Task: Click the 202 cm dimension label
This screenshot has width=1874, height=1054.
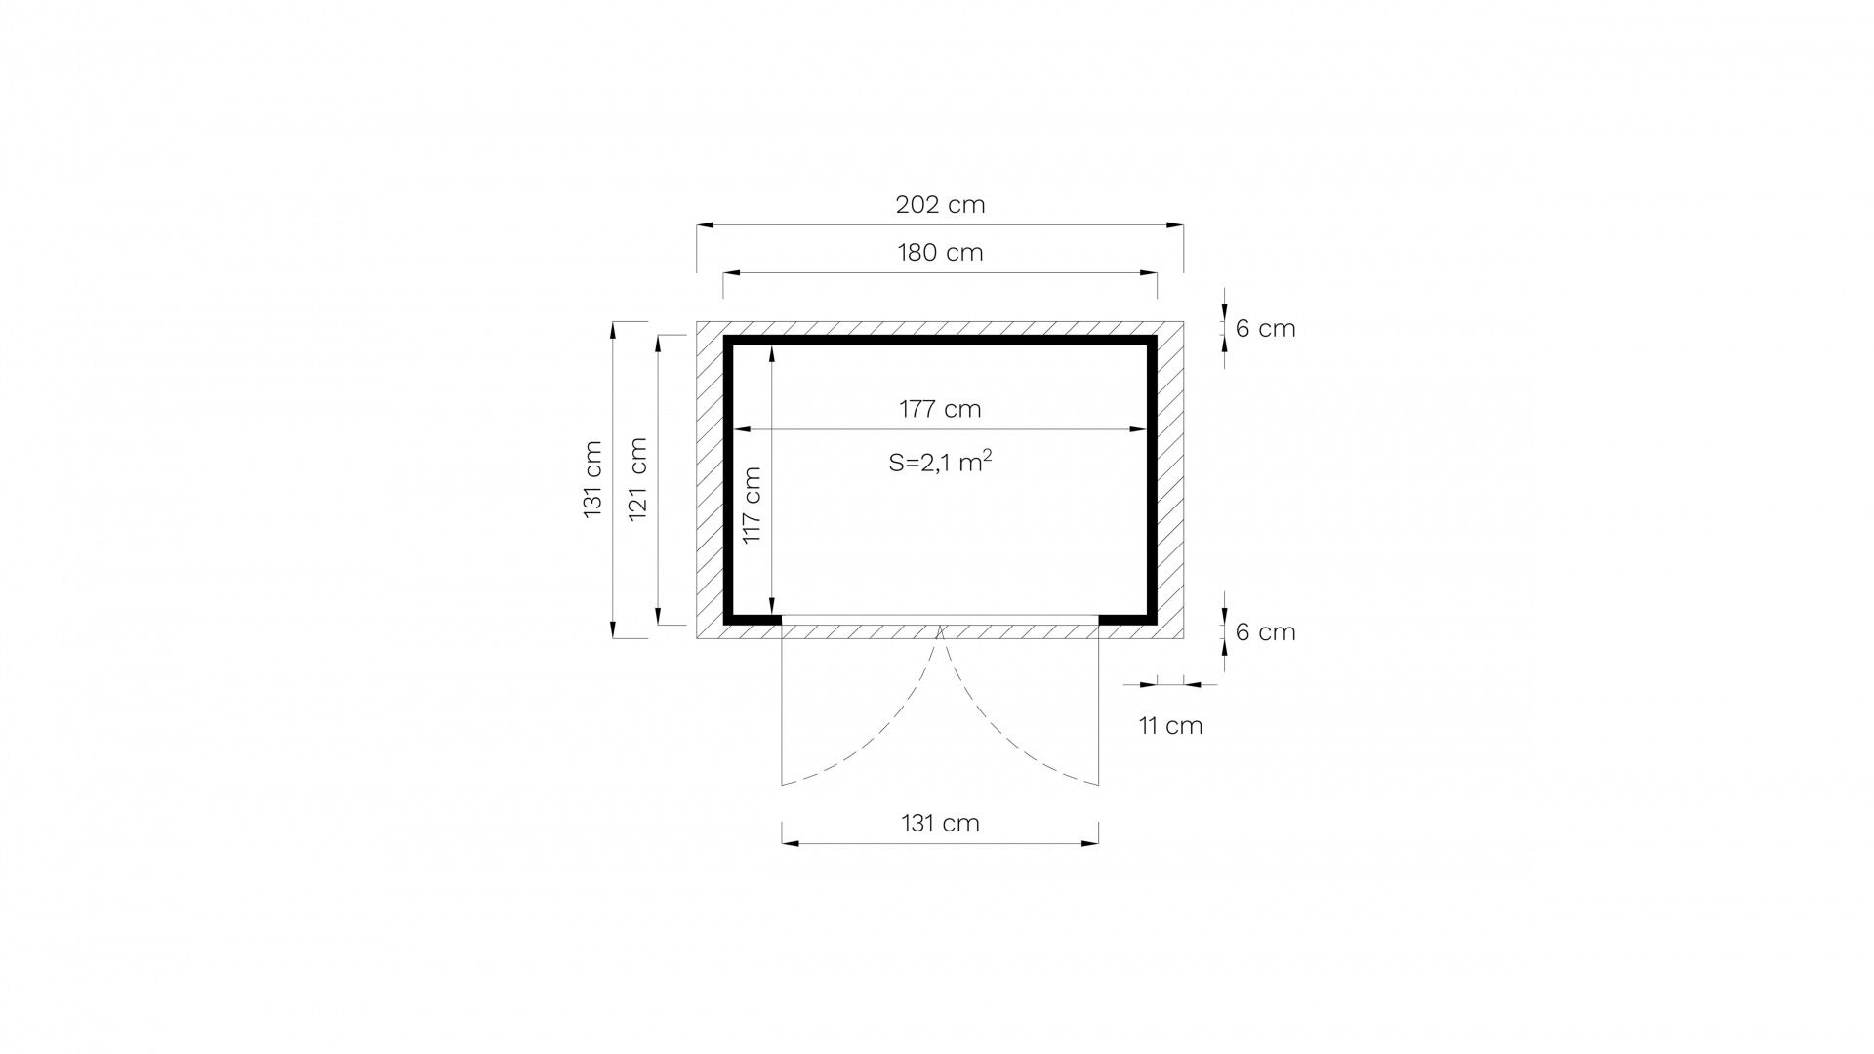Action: click(940, 205)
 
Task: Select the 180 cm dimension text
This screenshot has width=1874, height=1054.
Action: click(940, 253)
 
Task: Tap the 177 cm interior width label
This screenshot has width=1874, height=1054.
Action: click(940, 409)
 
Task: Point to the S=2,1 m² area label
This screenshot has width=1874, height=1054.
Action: click(940, 462)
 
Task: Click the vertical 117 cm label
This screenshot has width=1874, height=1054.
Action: click(751, 506)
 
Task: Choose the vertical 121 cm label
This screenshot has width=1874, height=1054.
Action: click(637, 478)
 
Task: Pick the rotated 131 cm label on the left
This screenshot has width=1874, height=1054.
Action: click(592, 478)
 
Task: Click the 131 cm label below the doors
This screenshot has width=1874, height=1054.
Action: click(940, 824)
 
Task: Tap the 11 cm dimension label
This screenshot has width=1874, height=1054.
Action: click(1170, 726)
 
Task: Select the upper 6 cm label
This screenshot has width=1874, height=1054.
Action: click(1265, 329)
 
